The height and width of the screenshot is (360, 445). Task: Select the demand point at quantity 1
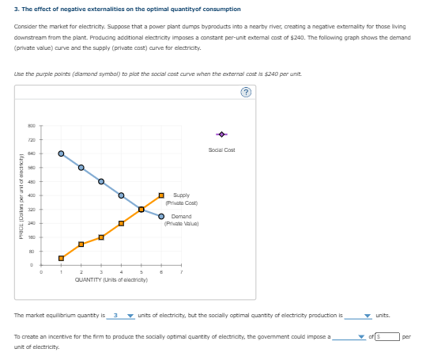click(61, 153)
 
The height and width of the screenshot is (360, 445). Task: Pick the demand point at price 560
click(81, 167)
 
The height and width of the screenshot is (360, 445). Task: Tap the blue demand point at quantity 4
click(121, 195)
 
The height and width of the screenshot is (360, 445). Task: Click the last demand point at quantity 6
click(161, 216)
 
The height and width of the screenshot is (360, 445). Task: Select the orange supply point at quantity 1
click(61, 258)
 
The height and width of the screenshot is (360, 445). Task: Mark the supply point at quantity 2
click(81, 244)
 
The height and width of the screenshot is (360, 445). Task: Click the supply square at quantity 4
click(121, 223)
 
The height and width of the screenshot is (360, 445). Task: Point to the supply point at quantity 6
click(161, 195)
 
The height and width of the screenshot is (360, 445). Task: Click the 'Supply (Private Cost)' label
click(180, 198)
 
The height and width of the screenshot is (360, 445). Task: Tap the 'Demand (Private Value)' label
click(181, 219)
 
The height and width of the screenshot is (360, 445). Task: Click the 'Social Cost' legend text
click(221, 150)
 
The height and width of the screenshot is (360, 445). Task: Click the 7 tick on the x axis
click(181, 271)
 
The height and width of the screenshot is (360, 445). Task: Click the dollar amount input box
click(387, 336)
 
